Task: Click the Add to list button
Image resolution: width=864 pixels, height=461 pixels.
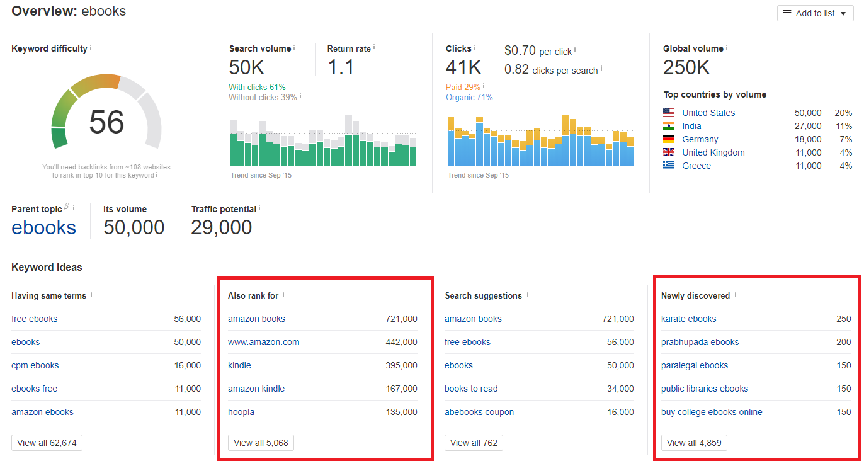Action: point(815,13)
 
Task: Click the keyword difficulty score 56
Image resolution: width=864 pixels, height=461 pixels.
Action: point(106,122)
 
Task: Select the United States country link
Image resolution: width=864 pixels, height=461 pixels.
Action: point(708,113)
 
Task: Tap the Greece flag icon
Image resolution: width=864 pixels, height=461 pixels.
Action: point(669,166)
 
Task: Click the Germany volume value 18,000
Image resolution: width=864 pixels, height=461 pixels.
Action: point(807,139)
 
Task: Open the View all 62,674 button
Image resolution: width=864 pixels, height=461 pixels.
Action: point(47,443)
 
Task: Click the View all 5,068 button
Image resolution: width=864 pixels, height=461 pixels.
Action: point(261,443)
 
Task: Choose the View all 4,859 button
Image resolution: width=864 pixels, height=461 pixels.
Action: point(694,443)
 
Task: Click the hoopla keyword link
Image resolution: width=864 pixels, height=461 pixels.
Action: point(241,412)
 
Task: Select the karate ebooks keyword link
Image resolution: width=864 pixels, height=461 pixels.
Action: point(688,319)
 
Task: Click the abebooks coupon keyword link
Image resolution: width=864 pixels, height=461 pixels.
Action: point(479,412)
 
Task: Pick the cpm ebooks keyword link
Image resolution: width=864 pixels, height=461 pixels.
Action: point(35,365)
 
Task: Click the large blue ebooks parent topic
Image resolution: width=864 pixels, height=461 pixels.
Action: point(44,227)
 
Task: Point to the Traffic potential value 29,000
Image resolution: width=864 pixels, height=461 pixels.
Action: point(221,227)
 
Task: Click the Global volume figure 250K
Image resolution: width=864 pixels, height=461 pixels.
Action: point(686,67)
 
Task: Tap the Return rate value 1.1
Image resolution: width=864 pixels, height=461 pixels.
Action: point(341,67)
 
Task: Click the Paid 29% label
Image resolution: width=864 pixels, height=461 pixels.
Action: point(463,87)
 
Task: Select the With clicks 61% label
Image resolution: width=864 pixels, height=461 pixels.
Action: point(257,87)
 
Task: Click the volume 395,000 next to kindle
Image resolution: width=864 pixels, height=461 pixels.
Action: point(401,365)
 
